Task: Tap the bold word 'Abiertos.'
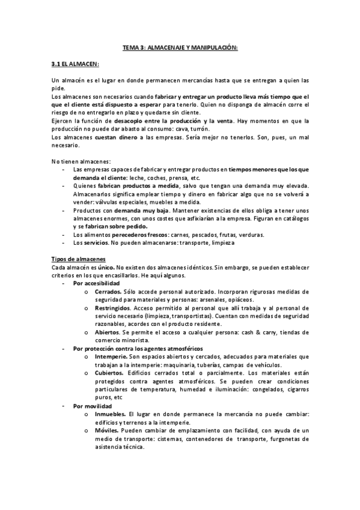108,331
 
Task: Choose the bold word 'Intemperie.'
111,356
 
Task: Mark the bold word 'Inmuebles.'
110,414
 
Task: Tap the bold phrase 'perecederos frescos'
140,233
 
